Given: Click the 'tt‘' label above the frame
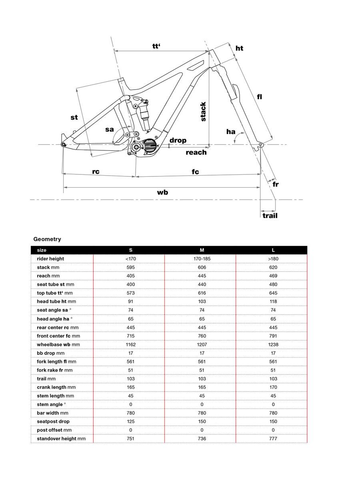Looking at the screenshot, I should coord(156,46).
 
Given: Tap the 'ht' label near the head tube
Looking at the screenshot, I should coord(239,48).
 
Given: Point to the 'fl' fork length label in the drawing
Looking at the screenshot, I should coord(260,96).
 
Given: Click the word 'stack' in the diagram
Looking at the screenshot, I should coord(203,112).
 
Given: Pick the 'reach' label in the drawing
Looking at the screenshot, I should coord(196,152).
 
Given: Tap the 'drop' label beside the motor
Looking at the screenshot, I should coord(178,140).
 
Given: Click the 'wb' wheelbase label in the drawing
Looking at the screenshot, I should coord(162,192).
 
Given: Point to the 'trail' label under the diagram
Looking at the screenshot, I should coord(270,216).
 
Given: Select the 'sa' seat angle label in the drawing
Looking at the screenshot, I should coord(110,129).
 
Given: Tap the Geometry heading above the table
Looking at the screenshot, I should coord(47,239).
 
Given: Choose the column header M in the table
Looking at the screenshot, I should coord(202,250).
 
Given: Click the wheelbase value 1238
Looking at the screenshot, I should coord(274,344).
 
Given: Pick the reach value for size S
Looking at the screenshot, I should coord(130,276).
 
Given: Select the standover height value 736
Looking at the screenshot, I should coord(202,438).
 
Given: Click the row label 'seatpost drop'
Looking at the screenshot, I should coord(53,421).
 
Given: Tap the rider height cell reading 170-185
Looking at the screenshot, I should coord(202,259).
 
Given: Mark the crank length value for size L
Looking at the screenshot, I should coord(274,387).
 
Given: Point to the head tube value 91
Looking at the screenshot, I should coord(130,302).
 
